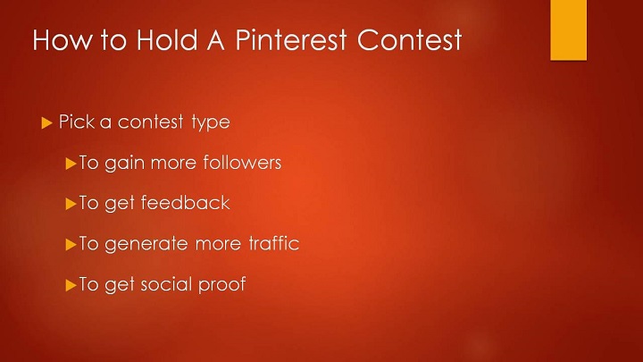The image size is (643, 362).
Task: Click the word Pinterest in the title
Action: tap(291, 40)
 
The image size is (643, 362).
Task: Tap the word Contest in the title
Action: tap(410, 40)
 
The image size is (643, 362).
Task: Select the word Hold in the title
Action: tap(166, 40)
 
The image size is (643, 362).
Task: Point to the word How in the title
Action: tap(63, 40)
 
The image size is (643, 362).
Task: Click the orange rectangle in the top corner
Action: tap(568, 30)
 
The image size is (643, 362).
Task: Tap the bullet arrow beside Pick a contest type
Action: tap(46, 122)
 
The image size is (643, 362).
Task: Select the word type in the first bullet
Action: tap(211, 122)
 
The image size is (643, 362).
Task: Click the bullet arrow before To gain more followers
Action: tap(71, 164)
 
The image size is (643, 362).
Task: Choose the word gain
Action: tap(125, 164)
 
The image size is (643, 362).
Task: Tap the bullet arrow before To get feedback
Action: tap(71, 204)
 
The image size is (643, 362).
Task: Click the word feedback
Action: tap(185, 202)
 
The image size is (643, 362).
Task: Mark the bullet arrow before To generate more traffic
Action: tap(71, 245)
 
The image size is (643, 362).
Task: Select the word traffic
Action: tap(274, 243)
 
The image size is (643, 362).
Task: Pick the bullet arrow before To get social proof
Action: tap(71, 285)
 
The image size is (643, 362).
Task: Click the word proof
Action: tap(221, 284)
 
